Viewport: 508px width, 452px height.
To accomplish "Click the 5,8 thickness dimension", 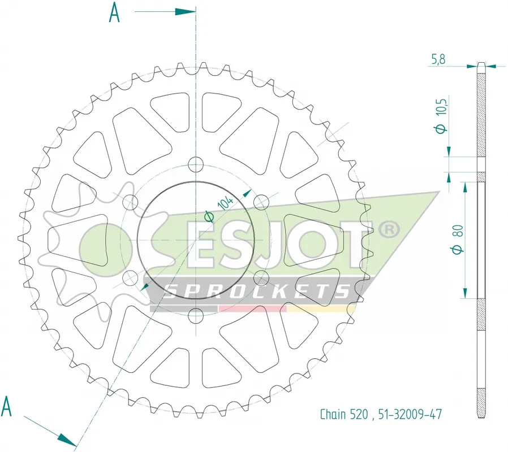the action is point(438,59).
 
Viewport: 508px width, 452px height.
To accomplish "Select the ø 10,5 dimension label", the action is point(441,115).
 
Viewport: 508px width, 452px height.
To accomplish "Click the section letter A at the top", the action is point(114,12).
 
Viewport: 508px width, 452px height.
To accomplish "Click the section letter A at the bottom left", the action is point(6,406).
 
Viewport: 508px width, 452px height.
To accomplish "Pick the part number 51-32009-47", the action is point(410,414).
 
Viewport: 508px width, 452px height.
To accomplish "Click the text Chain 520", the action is point(344,414).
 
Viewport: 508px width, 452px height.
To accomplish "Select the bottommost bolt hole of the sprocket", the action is point(196,315).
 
